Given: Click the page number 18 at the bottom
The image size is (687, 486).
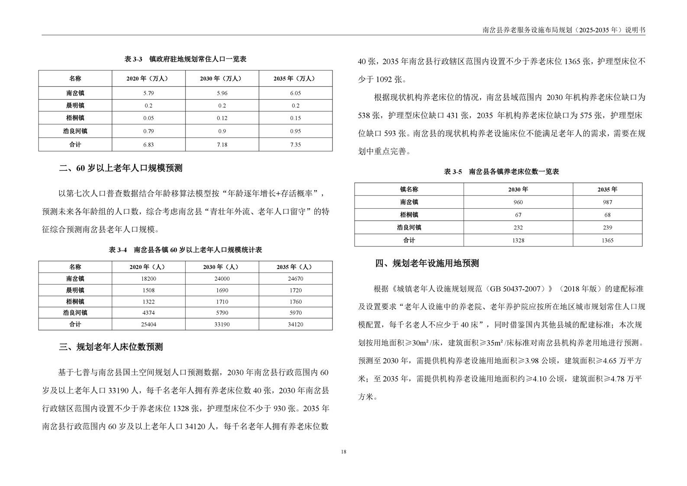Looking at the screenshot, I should point(343,452).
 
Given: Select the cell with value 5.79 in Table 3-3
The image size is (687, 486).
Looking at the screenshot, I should point(148,93).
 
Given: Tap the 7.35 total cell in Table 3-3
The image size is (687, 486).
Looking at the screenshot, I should point(295,145).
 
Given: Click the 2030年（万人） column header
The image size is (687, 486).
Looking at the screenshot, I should point(222,79).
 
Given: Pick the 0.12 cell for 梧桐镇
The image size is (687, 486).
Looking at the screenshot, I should point(222,118).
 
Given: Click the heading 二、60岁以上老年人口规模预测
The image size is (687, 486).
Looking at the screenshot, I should point(121,168).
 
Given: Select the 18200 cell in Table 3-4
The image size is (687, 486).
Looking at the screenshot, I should point(148,279).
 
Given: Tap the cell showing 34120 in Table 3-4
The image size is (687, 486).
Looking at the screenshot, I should point(295,324).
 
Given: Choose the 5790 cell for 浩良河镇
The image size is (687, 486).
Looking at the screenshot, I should point(222,313).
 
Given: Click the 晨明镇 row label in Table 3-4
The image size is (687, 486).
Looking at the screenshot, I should point(75,290).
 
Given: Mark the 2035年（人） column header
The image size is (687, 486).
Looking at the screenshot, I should point(295,267).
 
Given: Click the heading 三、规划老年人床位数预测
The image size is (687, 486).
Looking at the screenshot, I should point(111,347).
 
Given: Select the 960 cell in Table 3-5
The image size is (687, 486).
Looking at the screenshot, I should point(518,202).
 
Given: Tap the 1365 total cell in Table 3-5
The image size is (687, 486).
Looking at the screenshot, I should point(607,240).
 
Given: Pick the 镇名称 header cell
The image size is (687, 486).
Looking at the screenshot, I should point(409,190).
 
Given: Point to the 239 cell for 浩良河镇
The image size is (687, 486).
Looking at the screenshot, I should point(607,228).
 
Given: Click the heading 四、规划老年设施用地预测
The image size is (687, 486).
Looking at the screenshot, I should point(427,263).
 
